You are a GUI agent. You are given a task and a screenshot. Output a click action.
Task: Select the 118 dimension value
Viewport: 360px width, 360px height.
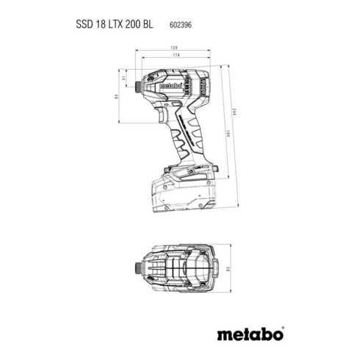(x=176, y=54)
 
